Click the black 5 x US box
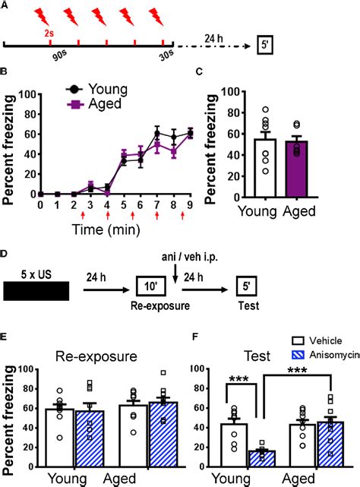coord(36,290)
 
